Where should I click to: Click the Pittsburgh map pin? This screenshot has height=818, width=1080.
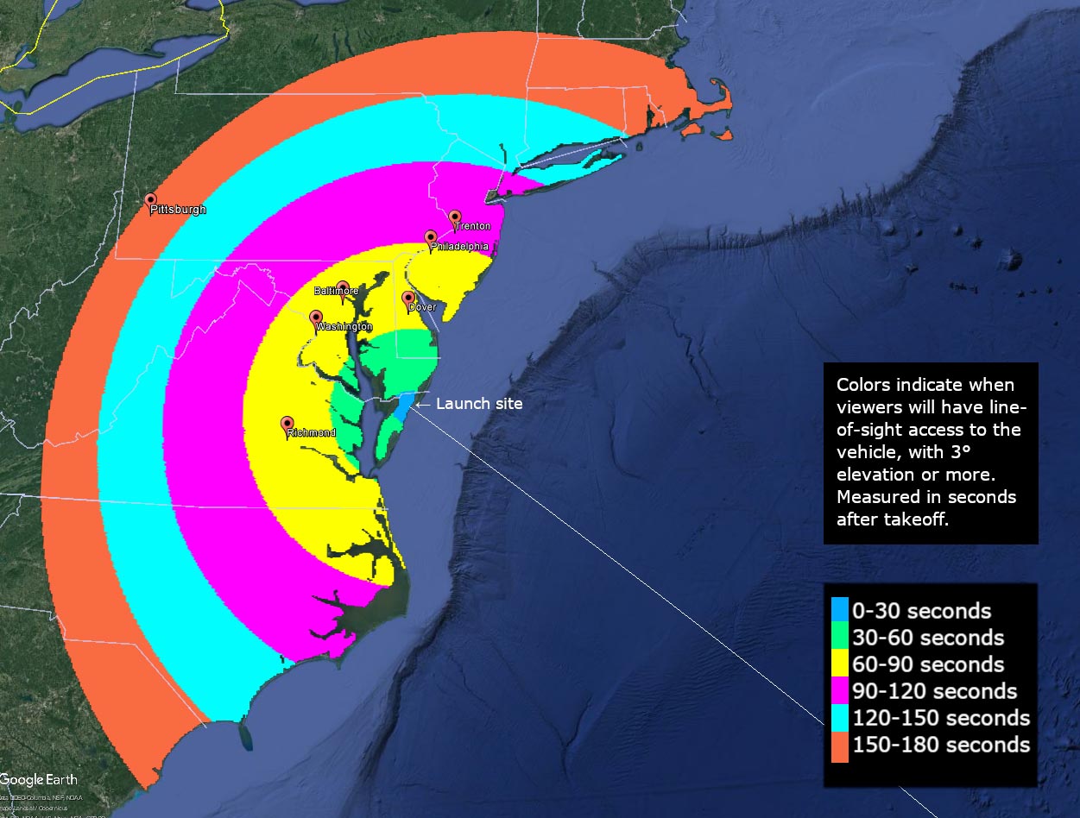151,201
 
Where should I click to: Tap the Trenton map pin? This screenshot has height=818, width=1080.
455,217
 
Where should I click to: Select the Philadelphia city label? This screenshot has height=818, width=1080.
459,247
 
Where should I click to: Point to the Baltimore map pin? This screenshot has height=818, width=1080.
343,287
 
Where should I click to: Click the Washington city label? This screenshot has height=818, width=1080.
344,327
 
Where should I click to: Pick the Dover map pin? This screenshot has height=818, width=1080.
409,299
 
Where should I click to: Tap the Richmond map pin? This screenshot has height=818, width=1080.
287,424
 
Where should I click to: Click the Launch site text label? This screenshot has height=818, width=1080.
479,403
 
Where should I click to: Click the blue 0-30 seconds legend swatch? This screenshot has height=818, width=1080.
840,611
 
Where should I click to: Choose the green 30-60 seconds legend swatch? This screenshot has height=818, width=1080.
840,638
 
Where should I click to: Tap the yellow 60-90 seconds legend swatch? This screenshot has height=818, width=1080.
840,664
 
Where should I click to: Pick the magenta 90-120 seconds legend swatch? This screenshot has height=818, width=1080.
840,691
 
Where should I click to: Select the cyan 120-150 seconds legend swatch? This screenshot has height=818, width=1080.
840,718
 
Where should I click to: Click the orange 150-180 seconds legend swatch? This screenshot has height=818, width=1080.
840,745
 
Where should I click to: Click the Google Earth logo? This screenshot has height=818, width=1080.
39,779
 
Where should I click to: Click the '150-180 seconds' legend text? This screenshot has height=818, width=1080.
941,745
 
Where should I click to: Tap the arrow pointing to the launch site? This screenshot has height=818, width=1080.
423,403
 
